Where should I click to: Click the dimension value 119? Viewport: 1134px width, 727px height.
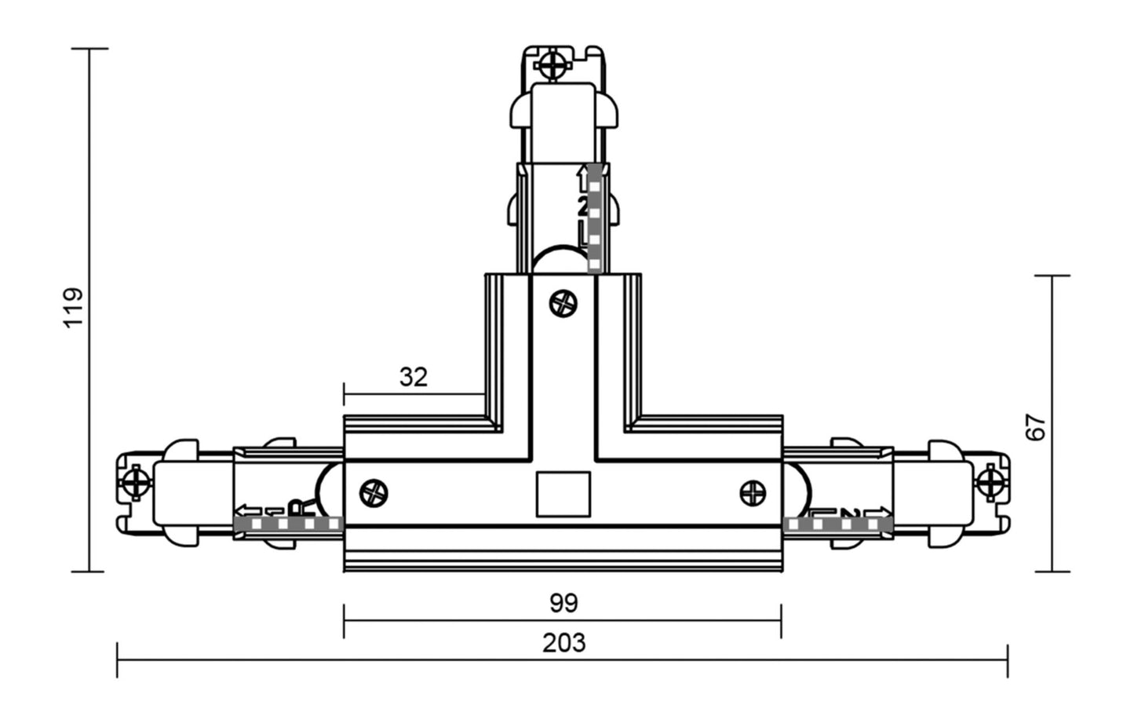coord(74,308)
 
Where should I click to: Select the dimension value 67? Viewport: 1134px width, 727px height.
coord(1037,427)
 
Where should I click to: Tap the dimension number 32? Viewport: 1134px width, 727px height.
coord(414,378)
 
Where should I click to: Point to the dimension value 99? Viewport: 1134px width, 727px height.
coord(563,604)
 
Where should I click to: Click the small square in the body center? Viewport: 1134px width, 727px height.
coord(563,494)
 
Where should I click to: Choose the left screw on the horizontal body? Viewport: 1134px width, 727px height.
coord(374,493)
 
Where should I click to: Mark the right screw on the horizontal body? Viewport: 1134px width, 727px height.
coord(753,492)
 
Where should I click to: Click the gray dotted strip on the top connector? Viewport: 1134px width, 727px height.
coord(595,219)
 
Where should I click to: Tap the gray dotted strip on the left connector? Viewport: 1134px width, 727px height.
coord(288,524)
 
